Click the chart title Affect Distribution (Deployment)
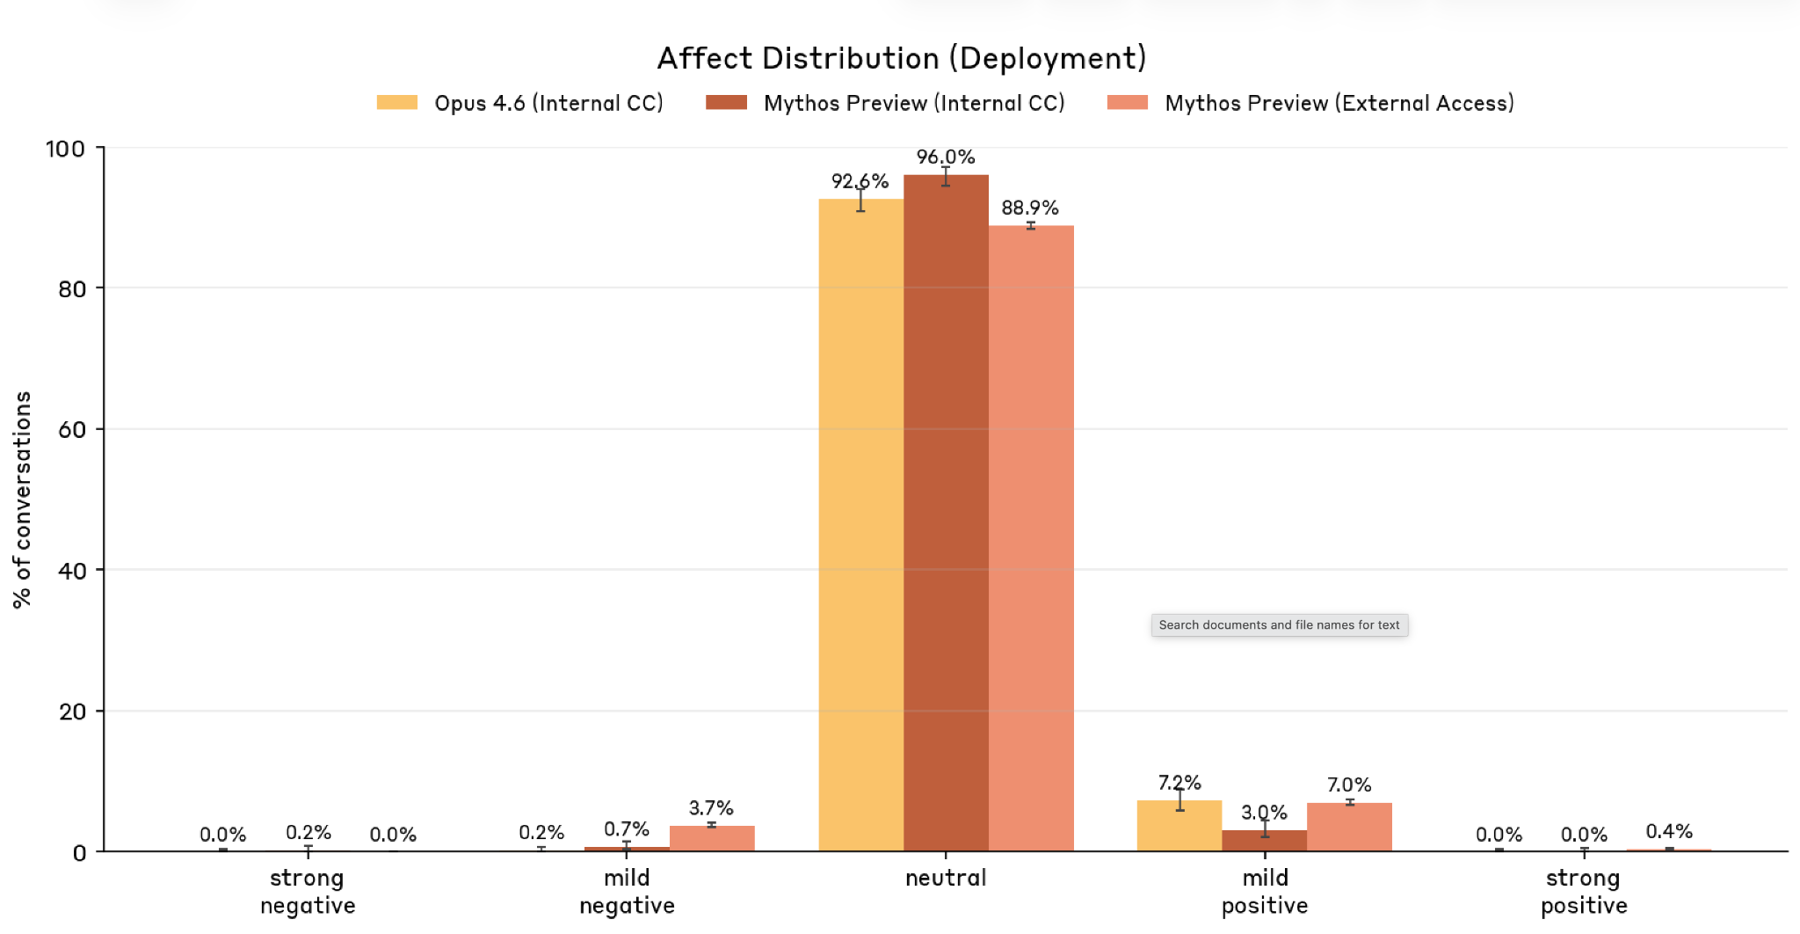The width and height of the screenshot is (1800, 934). [902, 58]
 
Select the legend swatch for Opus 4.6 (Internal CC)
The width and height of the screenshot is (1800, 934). [397, 103]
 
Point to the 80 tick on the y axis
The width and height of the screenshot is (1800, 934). [72, 288]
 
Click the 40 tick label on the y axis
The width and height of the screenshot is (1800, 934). [72, 571]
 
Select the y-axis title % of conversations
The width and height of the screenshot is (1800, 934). [23, 500]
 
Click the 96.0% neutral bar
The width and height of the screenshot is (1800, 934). [946, 510]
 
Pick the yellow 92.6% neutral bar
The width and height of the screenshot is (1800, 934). [860, 528]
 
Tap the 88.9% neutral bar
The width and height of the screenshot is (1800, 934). [1031, 536]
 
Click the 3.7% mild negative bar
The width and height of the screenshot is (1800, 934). [712, 838]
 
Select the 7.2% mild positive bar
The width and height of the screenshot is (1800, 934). [1179, 827]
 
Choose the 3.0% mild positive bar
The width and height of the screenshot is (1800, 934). [1265, 841]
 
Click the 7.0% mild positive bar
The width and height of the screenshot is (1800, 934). [1349, 828]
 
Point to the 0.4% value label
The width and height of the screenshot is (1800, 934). [1668, 831]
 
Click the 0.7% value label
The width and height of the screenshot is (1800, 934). [627, 829]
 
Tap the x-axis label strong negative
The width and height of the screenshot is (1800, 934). [308, 891]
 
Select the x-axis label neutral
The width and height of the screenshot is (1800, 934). [946, 878]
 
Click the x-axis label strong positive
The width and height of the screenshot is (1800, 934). [1584, 891]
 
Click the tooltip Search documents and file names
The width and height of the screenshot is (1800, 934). [1279, 625]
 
